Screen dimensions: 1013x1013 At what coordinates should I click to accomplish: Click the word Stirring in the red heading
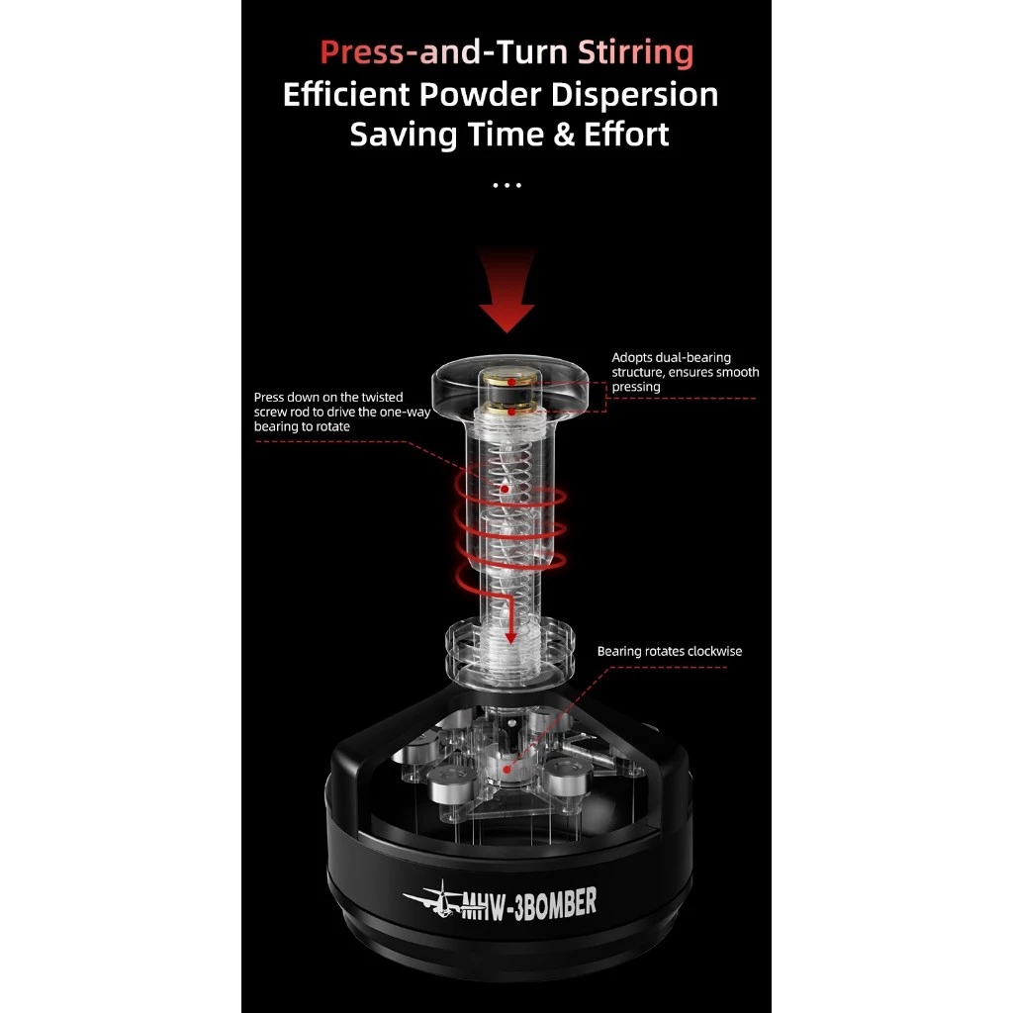click(x=636, y=51)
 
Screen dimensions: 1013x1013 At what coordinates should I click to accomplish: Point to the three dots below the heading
click(x=506, y=184)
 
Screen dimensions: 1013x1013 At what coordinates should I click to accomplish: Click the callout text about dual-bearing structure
click(x=685, y=372)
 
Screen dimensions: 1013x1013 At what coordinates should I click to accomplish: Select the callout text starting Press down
click(x=341, y=412)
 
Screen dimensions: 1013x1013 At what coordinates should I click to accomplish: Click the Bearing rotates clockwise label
click(x=669, y=651)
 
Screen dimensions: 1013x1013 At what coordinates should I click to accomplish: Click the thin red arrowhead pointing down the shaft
click(x=510, y=633)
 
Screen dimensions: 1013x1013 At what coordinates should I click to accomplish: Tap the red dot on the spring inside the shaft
click(x=504, y=489)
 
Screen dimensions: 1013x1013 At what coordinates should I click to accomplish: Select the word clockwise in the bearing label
click(x=710, y=651)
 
